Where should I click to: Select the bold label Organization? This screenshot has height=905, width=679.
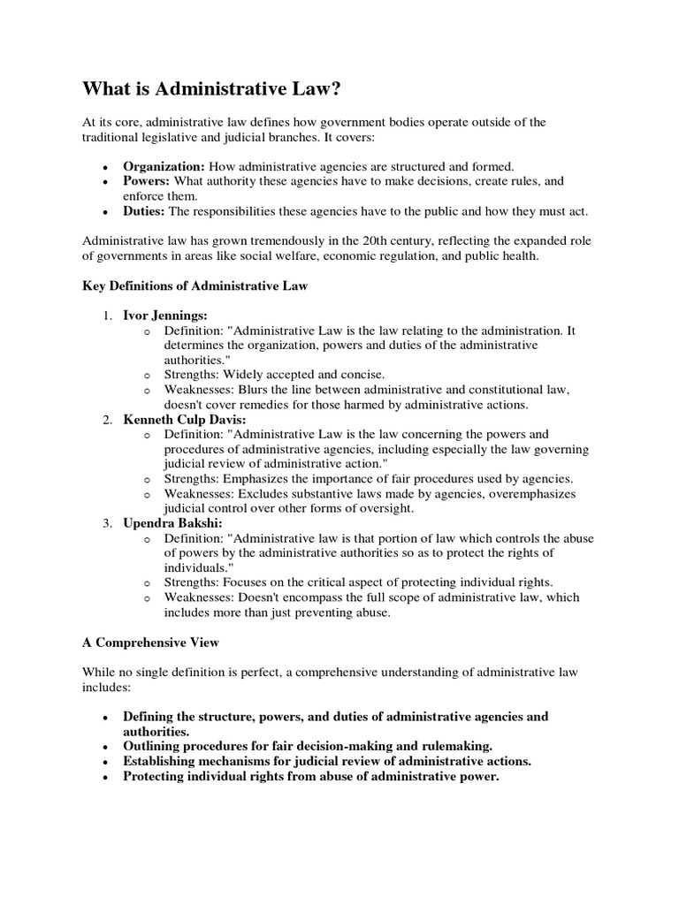(x=164, y=166)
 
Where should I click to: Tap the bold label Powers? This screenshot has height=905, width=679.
(x=146, y=181)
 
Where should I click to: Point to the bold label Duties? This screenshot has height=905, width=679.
(x=144, y=211)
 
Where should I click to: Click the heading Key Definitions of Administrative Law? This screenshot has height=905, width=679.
(x=195, y=286)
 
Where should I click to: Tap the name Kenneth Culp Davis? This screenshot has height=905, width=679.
(x=184, y=420)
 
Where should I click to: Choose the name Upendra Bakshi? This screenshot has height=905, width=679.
(x=171, y=523)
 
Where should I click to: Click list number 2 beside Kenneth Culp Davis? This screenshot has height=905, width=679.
(x=106, y=420)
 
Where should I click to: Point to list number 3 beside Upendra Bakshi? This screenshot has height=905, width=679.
(x=106, y=523)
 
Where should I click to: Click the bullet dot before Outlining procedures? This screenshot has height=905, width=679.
(x=106, y=747)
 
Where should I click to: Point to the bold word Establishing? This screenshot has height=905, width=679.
(x=164, y=762)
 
